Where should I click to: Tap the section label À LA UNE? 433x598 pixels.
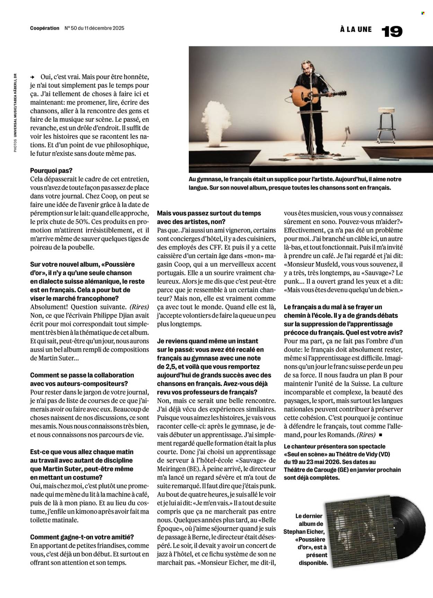click(356, 30)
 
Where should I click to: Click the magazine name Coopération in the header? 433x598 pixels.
click(45, 28)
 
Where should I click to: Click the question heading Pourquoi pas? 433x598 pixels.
click(52, 171)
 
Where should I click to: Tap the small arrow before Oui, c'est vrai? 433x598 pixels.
click(33, 77)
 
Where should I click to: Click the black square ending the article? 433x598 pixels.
click(381, 435)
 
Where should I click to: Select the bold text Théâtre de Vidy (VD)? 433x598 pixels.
click(360, 454)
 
